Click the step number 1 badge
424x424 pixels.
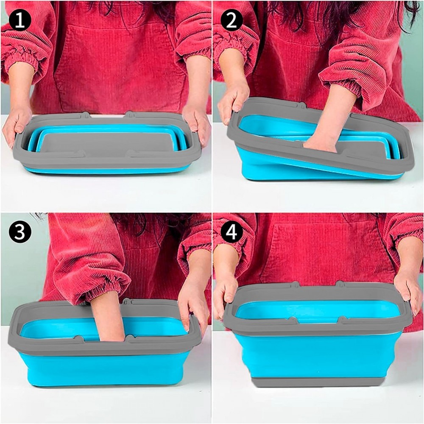20,20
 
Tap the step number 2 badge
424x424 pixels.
232,20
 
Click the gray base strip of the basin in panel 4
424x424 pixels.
318,381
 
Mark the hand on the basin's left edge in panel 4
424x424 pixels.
225,293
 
